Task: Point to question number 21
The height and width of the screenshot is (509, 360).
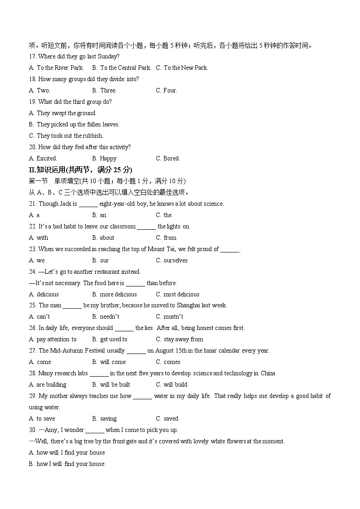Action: point(33,204)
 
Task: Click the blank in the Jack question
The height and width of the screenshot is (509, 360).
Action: point(88,204)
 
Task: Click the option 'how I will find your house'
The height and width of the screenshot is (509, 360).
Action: point(70,464)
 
